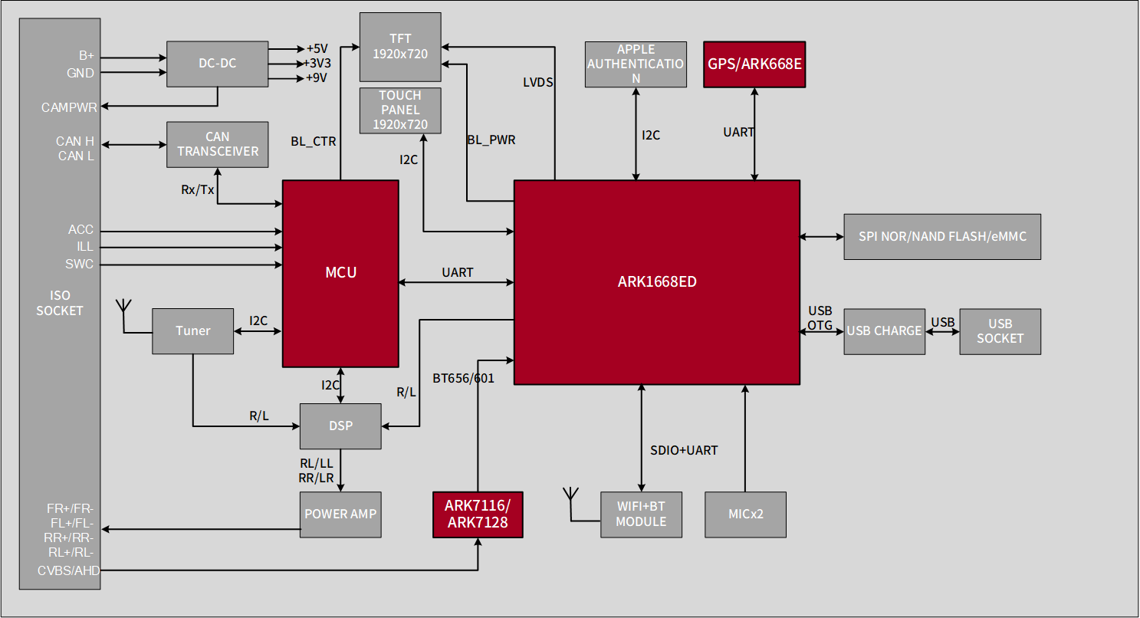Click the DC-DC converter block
(218, 64)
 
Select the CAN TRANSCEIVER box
(218, 144)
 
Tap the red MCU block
(340, 273)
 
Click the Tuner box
(192, 331)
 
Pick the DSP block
(340, 426)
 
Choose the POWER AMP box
(340, 514)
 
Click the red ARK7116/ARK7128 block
(478, 514)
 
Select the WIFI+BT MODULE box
(641, 514)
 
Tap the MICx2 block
(745, 514)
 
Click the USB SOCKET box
(1000, 331)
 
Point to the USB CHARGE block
(884, 331)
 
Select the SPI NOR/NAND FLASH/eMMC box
(941, 237)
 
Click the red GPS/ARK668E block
(754, 64)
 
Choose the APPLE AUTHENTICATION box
(636, 64)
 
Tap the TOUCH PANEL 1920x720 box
(400, 110)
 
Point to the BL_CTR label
(313, 142)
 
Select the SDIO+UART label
(684, 451)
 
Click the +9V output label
(317, 78)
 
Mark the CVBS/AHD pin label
(69, 570)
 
